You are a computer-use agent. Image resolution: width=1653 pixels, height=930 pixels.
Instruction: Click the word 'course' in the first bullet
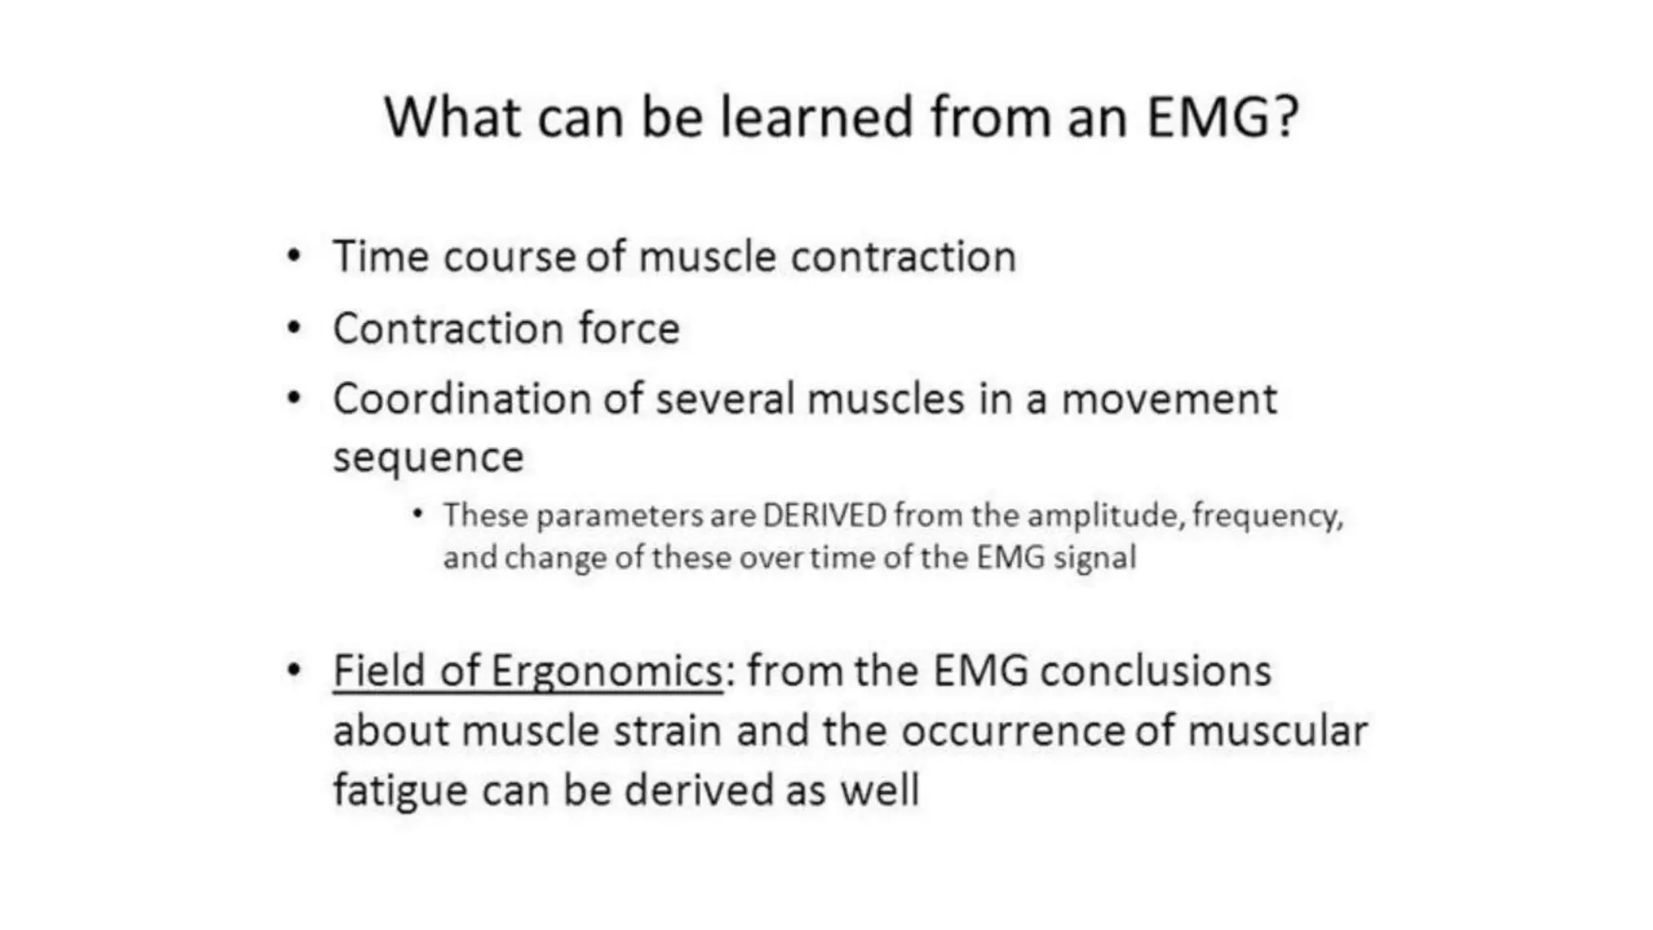pos(508,257)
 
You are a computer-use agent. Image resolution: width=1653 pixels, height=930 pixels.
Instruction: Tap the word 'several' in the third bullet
pos(725,399)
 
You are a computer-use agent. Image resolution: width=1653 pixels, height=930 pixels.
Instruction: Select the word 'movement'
pos(1168,399)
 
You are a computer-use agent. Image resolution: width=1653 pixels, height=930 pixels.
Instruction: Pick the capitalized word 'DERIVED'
pos(825,515)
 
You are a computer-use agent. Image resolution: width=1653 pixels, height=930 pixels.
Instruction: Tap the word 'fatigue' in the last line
pos(400,790)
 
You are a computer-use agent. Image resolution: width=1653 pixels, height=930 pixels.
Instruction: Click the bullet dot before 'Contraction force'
pos(294,329)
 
